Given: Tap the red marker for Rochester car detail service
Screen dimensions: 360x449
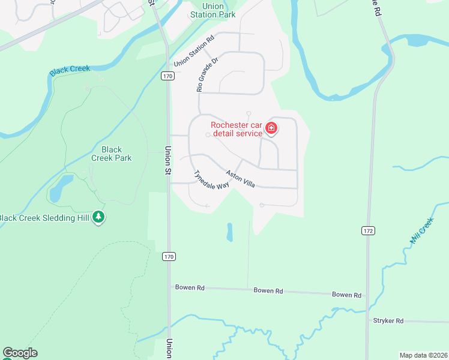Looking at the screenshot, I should click(x=271, y=128).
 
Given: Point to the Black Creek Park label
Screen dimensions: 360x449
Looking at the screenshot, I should click(x=111, y=154).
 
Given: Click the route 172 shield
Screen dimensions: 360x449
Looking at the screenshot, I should click(x=368, y=230).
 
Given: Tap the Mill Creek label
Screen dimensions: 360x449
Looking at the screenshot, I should click(x=421, y=231).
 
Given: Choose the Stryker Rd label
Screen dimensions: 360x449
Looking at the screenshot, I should click(x=387, y=321).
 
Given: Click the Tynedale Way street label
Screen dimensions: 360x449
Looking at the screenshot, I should click(x=211, y=179).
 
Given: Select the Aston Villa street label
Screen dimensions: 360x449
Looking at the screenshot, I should click(x=240, y=179).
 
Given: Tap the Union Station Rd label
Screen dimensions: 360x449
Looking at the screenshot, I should click(x=194, y=52).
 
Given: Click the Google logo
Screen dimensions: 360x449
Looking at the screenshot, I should click(x=20, y=353).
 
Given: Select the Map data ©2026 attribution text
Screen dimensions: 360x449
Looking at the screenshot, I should click(x=423, y=355).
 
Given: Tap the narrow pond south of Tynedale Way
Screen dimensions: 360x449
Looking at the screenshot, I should click(x=229, y=232).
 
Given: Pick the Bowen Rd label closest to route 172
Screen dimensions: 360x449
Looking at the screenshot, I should click(x=348, y=295).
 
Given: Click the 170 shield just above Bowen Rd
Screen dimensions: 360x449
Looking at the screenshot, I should click(x=169, y=256).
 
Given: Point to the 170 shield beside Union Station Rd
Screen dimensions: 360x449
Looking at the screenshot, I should click(x=167, y=76).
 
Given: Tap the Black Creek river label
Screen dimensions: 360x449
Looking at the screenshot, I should click(x=70, y=70).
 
